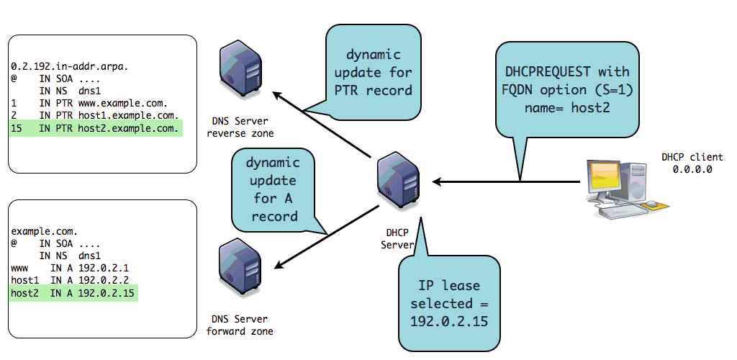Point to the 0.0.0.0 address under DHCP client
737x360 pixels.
pyautogui.click(x=682, y=170)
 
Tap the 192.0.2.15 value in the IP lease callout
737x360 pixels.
pyautogui.click(x=448, y=320)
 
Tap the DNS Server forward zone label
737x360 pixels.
pyautogui.click(x=240, y=325)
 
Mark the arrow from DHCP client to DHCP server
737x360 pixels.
pyautogui.click(x=504, y=181)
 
